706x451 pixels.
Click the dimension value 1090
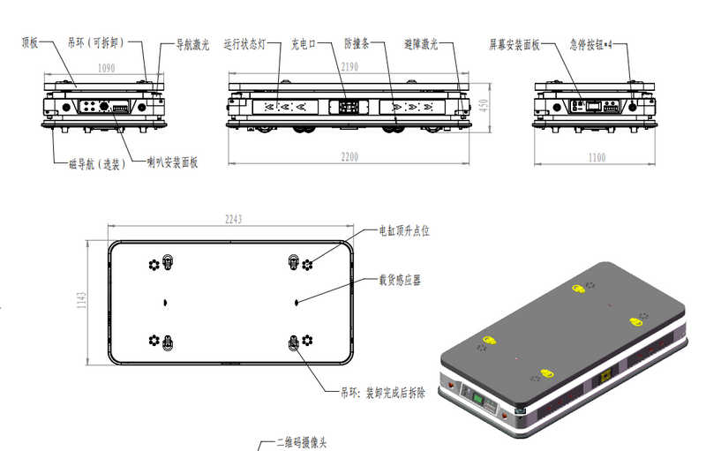[107, 67]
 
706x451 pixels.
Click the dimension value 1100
[597, 157]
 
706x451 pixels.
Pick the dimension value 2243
[232, 220]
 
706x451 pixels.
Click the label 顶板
[30, 41]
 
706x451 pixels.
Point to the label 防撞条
[357, 43]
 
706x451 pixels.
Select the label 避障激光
[421, 43]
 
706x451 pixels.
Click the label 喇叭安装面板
[172, 162]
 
